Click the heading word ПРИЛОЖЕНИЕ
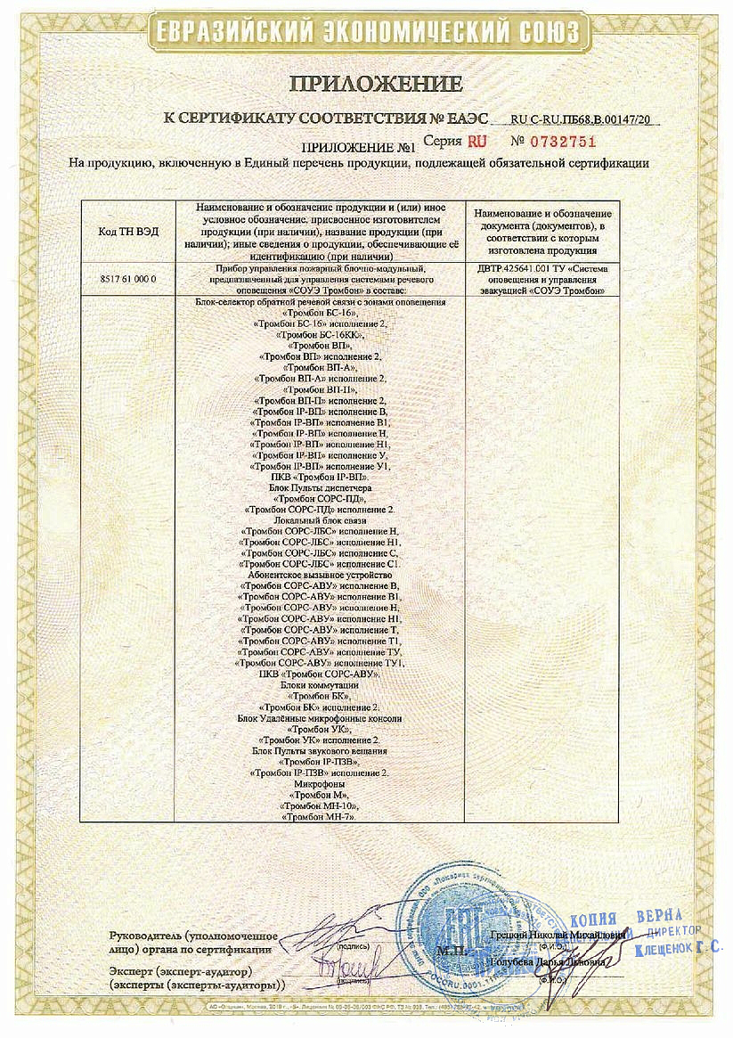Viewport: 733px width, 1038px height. (x=374, y=85)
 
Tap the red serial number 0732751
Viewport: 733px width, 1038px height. (x=563, y=141)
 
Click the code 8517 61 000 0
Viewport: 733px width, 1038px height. (x=128, y=279)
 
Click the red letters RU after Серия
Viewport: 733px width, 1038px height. (x=477, y=141)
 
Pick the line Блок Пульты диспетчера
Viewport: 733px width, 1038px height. (x=320, y=488)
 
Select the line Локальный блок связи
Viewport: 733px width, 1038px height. (x=320, y=519)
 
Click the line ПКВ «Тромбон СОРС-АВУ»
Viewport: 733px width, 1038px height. (x=320, y=674)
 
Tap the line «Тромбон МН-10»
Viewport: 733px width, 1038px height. (x=320, y=805)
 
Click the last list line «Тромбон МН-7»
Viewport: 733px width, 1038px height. (x=320, y=816)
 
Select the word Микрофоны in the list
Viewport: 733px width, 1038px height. (x=320, y=784)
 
